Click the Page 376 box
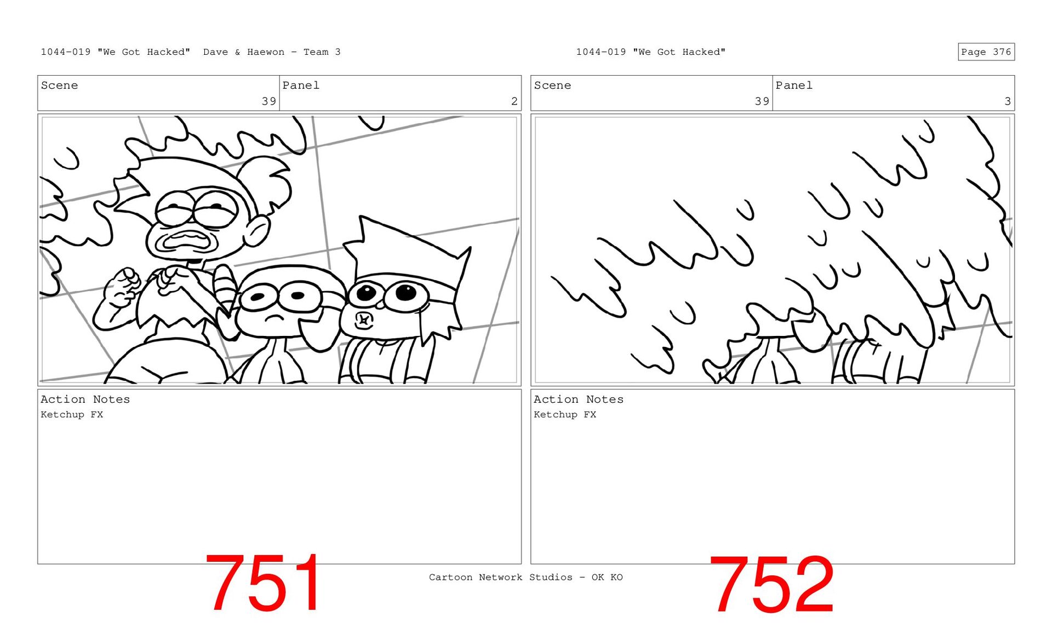point(986,52)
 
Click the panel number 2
point(514,101)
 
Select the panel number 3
point(1007,101)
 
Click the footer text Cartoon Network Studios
point(500,577)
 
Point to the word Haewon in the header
point(266,52)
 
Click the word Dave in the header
point(215,52)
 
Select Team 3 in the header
point(322,52)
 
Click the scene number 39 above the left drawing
point(268,101)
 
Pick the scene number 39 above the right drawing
point(762,101)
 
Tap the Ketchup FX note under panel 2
point(72,414)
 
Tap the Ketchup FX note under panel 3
point(565,414)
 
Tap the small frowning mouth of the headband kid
point(273,318)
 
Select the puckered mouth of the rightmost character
point(363,320)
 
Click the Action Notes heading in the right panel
point(579,400)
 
